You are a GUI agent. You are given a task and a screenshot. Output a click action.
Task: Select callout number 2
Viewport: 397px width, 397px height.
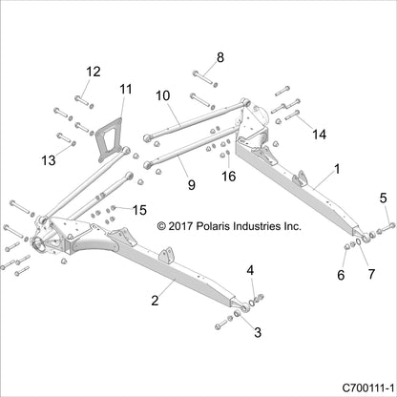[155, 301]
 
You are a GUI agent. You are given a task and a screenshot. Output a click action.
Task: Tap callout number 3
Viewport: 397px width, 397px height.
[252, 334]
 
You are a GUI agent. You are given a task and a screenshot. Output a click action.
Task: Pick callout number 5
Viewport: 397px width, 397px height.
[384, 198]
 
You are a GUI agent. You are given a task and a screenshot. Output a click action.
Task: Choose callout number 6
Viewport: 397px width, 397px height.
[341, 274]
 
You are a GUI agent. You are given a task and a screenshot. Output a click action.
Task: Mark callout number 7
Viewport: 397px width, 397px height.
[369, 274]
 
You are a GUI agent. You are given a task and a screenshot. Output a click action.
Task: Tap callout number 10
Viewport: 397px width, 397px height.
[162, 95]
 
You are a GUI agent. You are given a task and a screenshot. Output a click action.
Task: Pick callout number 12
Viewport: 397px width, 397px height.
[94, 72]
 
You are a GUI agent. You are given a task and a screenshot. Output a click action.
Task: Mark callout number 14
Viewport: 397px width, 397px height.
[319, 135]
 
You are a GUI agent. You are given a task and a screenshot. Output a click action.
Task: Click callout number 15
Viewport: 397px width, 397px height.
[139, 209]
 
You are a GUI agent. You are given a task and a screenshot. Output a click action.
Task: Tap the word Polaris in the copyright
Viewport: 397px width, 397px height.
[219, 227]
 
